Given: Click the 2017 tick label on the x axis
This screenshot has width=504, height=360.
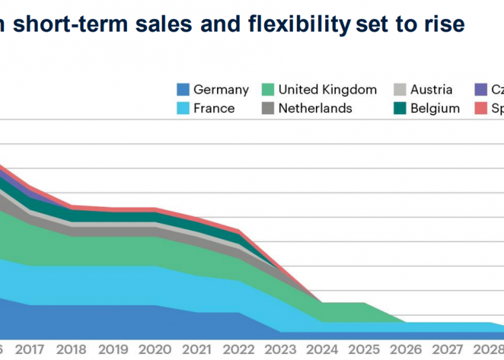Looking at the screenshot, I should pos(30,350).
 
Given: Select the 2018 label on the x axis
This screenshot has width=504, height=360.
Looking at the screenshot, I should pos(71,350).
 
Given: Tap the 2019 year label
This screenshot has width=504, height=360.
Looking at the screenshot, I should pos(114,350).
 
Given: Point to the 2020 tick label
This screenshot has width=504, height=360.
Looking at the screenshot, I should pos(155,350).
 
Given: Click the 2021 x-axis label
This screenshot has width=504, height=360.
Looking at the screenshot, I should pos(197,350).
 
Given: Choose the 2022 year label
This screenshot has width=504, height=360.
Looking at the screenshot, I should pos(239,350).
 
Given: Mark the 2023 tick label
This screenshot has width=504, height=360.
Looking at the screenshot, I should pos(281,350).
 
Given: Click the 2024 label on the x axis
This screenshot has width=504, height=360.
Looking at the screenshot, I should pos(323,350).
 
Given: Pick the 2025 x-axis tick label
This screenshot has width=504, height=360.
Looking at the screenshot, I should pos(364,350).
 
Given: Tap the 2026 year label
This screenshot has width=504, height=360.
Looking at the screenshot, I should pos(407,350).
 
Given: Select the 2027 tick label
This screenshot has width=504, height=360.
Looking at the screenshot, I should pos(448,350).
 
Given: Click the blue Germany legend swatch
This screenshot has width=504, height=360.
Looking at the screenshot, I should pos(182,89).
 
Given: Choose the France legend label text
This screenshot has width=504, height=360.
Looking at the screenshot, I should pos(214,108).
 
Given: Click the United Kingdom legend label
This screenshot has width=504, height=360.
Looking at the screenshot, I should pos(327,89).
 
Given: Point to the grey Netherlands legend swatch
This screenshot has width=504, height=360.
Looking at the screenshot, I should pos(267,108).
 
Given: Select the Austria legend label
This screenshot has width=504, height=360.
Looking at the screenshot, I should pos(431,89).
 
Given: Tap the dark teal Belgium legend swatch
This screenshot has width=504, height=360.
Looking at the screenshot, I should pos(399,108).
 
